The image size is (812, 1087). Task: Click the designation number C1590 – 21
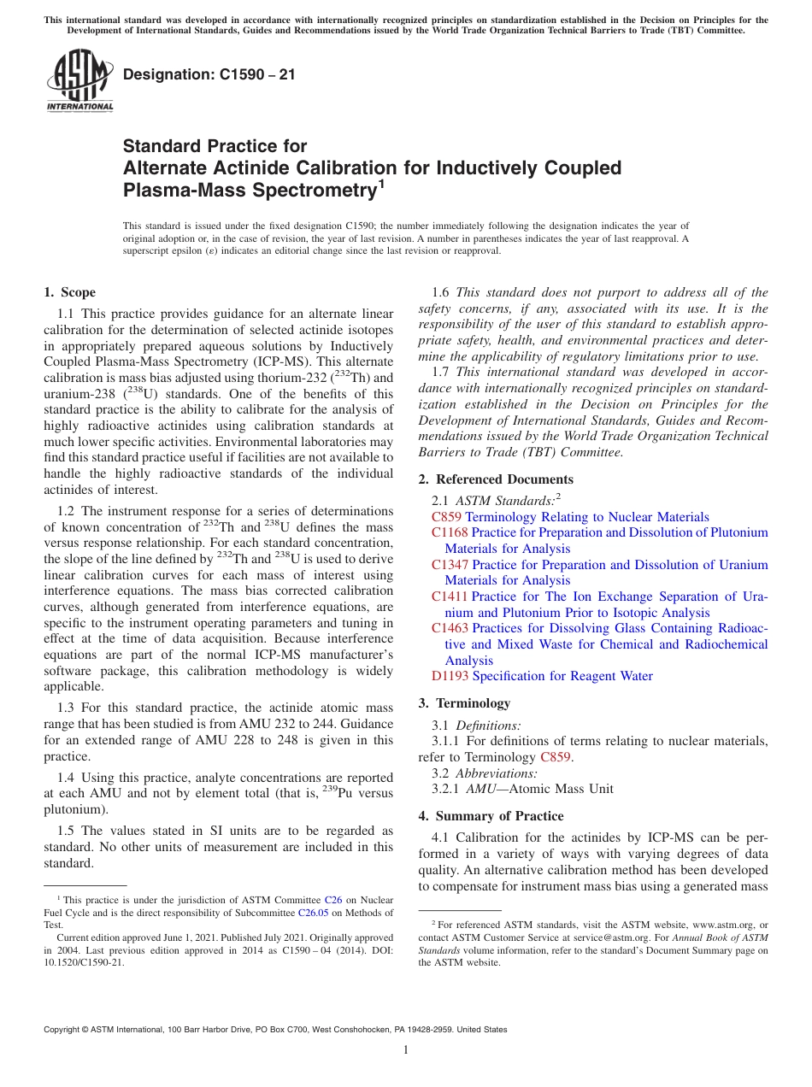(209, 75)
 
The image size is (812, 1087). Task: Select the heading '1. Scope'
(70, 292)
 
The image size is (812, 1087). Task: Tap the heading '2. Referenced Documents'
(496, 479)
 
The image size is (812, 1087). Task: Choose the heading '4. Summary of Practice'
(491, 816)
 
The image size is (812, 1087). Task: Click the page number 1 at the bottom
(406, 1049)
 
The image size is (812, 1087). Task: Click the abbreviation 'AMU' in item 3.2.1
(475, 789)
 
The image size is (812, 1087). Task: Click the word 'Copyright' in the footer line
(65, 1030)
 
